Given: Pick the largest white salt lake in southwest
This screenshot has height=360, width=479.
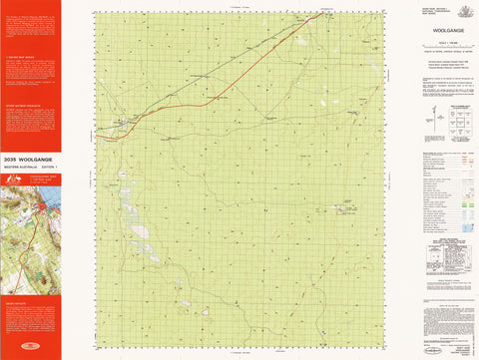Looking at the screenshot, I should [x=140, y=231].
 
